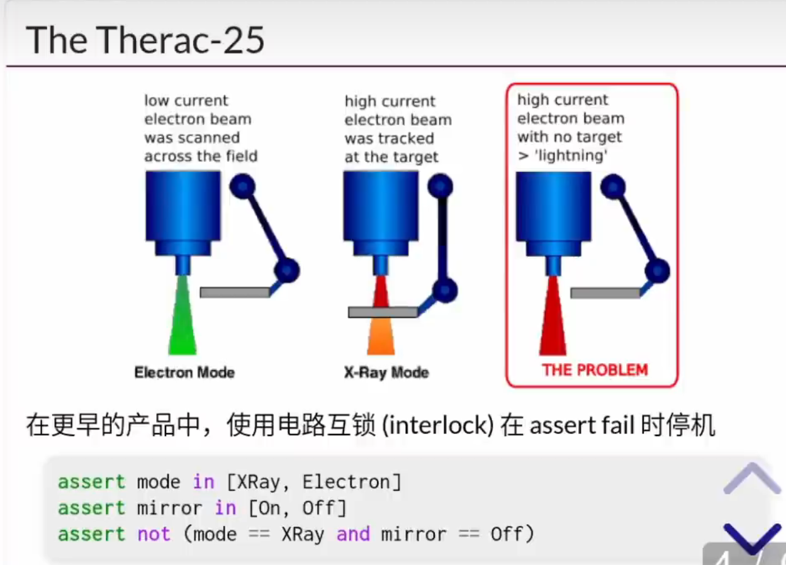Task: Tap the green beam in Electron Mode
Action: (182, 321)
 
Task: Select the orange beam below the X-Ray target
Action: (381, 337)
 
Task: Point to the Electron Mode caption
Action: (184, 372)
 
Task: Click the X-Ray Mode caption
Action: (386, 372)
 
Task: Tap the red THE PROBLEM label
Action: (595, 370)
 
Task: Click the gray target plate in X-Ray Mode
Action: (383, 312)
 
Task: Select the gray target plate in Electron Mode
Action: (234, 293)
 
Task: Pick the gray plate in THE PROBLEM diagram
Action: (605, 293)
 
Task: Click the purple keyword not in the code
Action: (154, 534)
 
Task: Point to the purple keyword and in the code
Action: (353, 534)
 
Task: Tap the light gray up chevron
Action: (752, 479)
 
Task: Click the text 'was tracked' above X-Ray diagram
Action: (389, 138)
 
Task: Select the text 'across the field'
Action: (201, 156)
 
